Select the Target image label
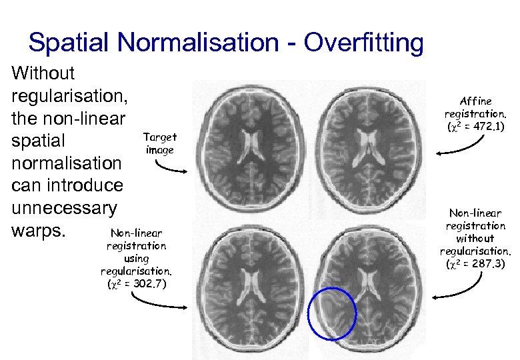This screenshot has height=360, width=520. tap(159, 143)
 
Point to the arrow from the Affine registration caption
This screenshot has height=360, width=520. tap(460, 148)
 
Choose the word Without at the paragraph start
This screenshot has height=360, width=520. tap(44, 73)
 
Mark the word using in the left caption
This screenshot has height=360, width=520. tap(136, 258)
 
